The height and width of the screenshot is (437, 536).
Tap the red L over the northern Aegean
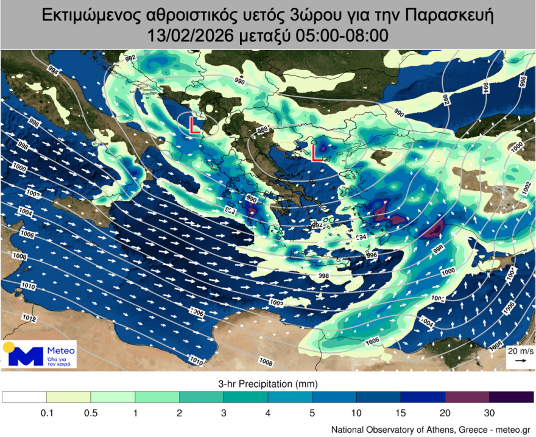pos(317,153)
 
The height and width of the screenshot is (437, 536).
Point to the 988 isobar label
pos(263,129)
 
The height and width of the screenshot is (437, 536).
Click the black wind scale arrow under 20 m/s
pos(520,361)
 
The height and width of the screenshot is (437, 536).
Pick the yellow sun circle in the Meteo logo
pos(9,348)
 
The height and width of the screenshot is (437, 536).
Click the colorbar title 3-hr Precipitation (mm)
pos(267,384)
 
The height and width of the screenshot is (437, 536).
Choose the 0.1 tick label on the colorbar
pos(46,413)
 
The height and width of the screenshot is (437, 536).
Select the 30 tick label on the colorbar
pos(489,413)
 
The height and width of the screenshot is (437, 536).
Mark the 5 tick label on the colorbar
pos(312,413)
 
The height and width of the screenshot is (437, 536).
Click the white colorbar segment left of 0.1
pos(24,397)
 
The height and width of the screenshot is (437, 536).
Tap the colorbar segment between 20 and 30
pos(467,397)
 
